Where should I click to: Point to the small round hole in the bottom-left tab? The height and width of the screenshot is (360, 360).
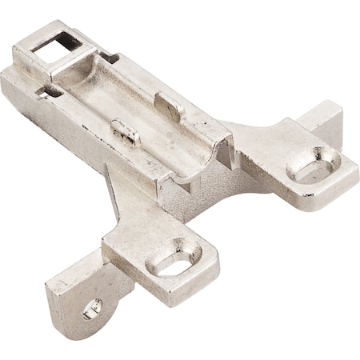tap(93, 306)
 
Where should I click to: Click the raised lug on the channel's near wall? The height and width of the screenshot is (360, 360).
tap(123, 133)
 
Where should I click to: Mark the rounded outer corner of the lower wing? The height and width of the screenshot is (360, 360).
tap(212, 272)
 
